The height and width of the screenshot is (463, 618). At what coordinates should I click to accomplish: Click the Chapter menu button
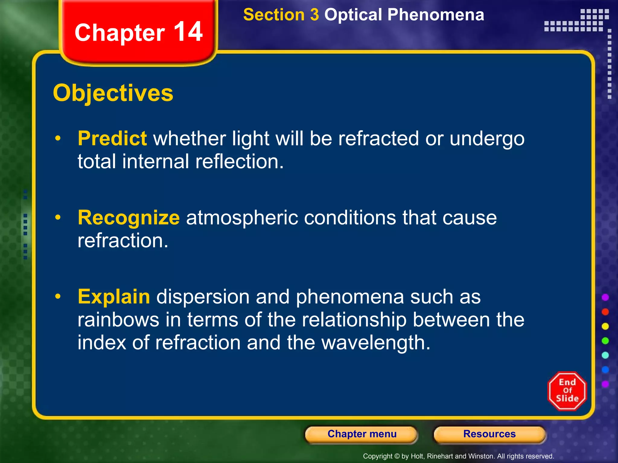362,434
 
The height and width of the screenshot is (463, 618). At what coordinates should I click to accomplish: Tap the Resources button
489,434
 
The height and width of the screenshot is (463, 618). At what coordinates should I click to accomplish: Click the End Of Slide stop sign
567,391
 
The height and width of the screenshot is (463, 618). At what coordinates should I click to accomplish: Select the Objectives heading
113,93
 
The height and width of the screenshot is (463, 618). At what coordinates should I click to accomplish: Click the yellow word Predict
112,138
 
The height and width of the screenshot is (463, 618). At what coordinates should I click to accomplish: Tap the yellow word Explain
114,297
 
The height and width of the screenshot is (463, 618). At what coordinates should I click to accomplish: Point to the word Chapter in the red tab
120,33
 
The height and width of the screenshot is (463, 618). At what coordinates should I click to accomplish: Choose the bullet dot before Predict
58,138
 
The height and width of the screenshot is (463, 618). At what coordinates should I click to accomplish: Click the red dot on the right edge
605,312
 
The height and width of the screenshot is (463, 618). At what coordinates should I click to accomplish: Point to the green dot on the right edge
605,341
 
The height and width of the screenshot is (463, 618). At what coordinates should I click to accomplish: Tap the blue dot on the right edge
605,370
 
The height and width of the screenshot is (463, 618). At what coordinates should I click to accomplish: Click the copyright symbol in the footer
397,456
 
